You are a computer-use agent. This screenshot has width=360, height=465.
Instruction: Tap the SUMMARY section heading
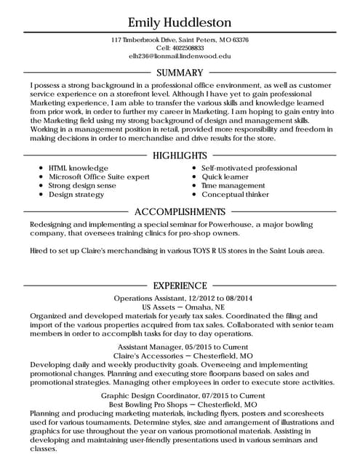pos(180,73)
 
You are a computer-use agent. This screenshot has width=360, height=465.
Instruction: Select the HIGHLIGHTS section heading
pos(180,155)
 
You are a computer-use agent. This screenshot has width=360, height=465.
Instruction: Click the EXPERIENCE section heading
pos(180,286)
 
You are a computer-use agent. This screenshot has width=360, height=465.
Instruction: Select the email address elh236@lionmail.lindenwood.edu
pos(180,55)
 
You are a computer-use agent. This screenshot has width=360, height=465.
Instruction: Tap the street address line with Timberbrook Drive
pos(180,39)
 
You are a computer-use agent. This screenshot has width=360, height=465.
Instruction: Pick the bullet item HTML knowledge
pos(79,168)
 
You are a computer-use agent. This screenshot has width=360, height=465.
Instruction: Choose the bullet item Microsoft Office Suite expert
pos(99,177)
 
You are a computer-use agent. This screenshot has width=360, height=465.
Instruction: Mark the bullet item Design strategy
pos(76,194)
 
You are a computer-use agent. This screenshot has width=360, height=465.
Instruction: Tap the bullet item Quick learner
pos(225,177)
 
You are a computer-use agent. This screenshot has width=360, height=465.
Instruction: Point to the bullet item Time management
pos(233,185)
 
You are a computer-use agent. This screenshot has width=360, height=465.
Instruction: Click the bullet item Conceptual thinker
pos(236,194)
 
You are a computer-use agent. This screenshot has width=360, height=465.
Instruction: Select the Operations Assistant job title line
pos(180,299)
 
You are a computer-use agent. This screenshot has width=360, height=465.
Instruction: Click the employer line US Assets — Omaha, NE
pos(180,307)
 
